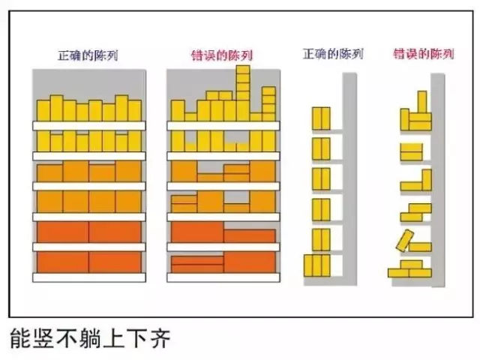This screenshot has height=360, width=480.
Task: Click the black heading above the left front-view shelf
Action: (x=88, y=55)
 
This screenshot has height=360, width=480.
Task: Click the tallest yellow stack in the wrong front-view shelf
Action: (x=243, y=92)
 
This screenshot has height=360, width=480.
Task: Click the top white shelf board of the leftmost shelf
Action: (x=88, y=124)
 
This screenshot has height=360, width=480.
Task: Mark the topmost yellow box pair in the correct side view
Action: (x=320, y=118)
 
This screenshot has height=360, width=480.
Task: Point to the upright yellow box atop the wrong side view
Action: (x=421, y=103)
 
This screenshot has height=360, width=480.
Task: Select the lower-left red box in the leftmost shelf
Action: (x=63, y=262)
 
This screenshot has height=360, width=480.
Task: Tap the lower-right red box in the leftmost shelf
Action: (x=115, y=262)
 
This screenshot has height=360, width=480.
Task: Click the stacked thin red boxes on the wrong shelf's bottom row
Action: (x=196, y=264)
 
